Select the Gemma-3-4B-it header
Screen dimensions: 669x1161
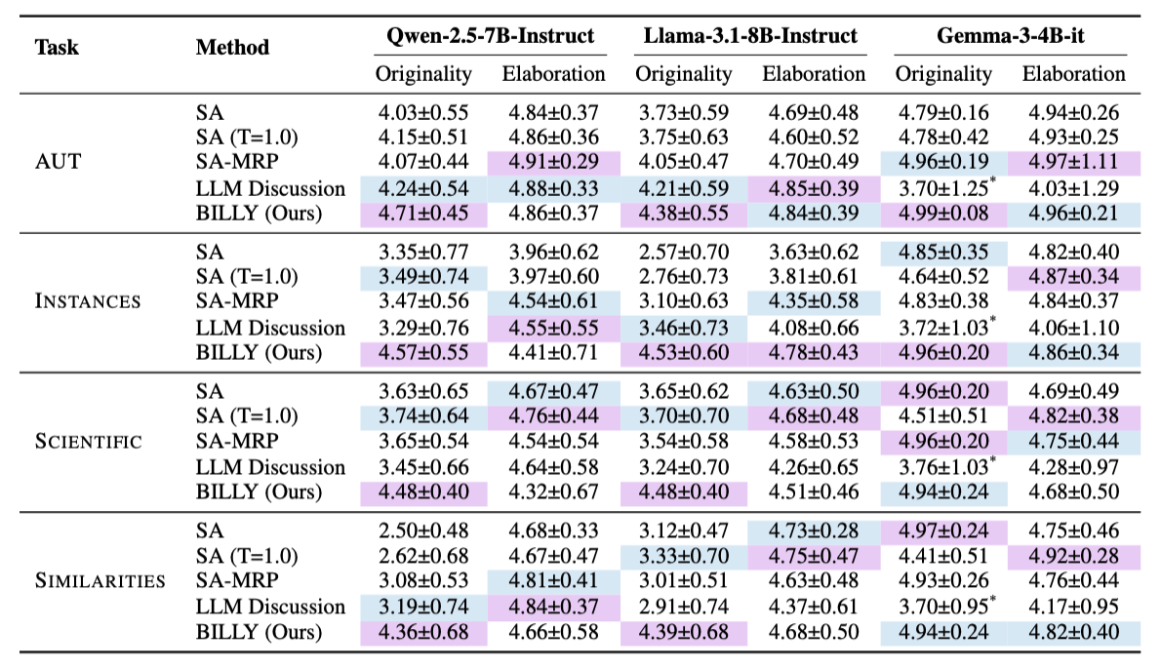pos(1008,37)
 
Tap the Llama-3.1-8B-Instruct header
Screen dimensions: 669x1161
pos(749,37)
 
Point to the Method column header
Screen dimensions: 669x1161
pos(232,47)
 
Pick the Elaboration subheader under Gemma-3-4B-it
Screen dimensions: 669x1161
pos(1073,73)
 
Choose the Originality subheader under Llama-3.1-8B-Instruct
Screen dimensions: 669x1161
pos(683,73)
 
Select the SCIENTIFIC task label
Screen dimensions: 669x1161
pos(89,441)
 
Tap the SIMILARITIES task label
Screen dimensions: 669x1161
pos(100,581)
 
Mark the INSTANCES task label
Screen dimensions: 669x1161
pos(87,300)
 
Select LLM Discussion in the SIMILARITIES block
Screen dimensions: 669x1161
pos(270,607)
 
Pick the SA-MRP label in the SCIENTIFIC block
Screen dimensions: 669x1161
pos(235,442)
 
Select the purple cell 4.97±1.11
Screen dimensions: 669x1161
pos(1073,162)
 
